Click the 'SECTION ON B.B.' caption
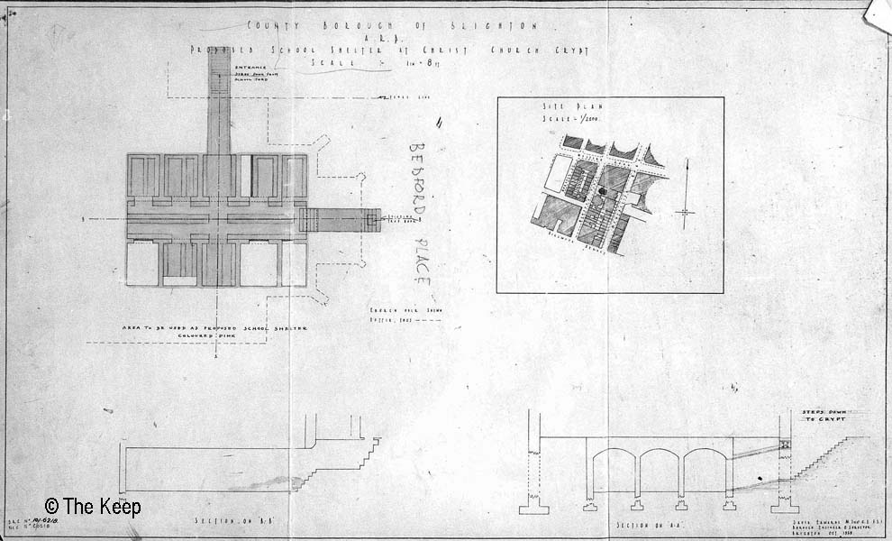click(x=225, y=521)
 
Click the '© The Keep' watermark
click(x=92, y=508)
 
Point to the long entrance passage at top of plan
click(x=219, y=108)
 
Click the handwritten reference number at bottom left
click(x=32, y=524)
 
